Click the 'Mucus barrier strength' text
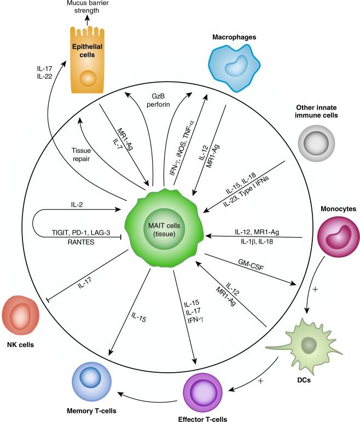[89, 7]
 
